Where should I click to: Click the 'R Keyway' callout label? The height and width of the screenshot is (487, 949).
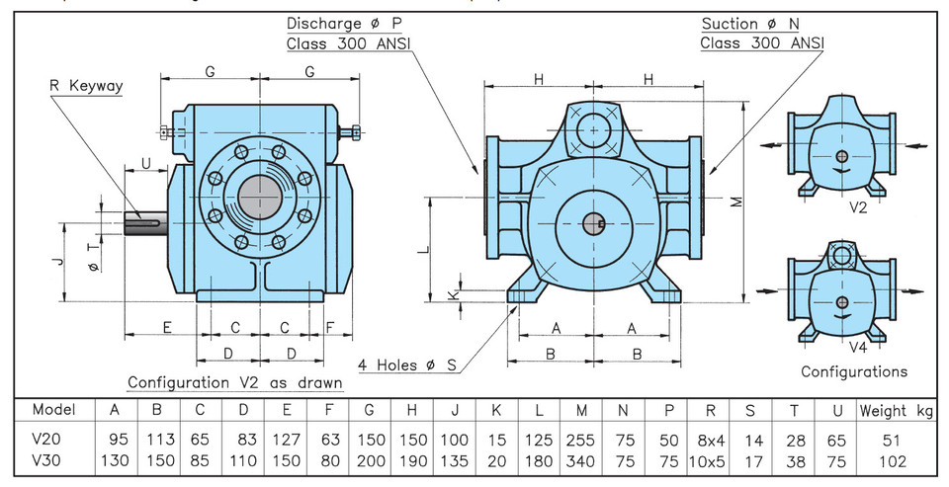(86, 85)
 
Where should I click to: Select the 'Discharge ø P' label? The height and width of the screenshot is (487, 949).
(344, 24)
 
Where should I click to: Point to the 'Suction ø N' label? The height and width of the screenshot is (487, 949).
(750, 24)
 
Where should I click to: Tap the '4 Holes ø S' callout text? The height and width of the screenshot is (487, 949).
(406, 365)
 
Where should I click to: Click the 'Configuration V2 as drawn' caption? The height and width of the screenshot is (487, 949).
(235, 383)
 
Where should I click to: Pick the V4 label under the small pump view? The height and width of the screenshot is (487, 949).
(858, 348)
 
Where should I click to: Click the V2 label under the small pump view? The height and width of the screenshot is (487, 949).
(858, 207)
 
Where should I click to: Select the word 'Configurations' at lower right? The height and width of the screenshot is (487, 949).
(854, 371)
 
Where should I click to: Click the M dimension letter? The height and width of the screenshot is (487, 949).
(736, 202)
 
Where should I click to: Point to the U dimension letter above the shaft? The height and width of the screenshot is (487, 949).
(146, 163)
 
